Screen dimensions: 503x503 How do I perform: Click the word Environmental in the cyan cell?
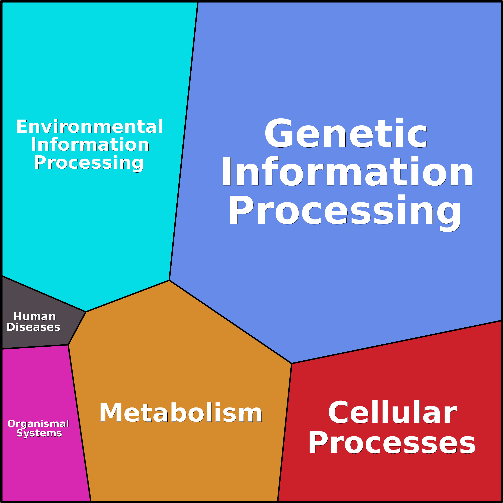tap(90, 127)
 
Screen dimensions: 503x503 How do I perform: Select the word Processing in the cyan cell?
tap(89, 163)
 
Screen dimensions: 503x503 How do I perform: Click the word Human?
tap(35, 317)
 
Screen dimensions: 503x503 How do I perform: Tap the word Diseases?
tap(34, 327)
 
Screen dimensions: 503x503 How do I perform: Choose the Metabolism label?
tap(181, 413)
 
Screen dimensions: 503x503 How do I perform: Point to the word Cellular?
tap(392, 412)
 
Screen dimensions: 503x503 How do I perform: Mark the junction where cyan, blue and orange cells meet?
tap(169, 280)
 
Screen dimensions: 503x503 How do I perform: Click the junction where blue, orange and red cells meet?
tap(292, 363)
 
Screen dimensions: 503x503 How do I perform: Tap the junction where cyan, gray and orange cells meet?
tap(86, 312)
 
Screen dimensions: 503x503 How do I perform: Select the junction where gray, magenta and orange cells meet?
tap(68, 345)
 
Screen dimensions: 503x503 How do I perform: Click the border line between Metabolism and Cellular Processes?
tap(285, 432)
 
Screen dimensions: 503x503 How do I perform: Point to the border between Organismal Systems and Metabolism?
tap(79, 423)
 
